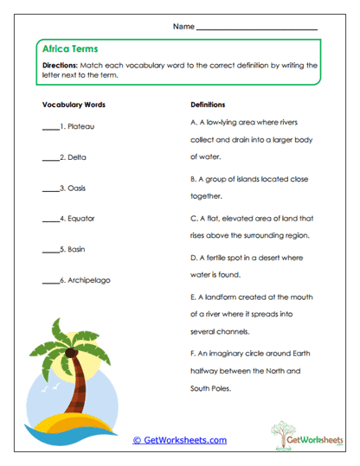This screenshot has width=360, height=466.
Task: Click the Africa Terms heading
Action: pyautogui.click(x=69, y=49)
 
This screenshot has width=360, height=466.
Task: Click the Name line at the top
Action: pyautogui.click(x=257, y=29)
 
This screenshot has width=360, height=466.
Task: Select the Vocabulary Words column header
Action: pyautogui.click(x=74, y=104)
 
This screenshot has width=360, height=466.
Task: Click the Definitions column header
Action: pyautogui.click(x=208, y=104)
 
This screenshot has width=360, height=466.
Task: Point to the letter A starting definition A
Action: pyautogui.click(x=193, y=123)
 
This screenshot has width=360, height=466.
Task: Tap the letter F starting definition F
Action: pyautogui.click(x=193, y=353)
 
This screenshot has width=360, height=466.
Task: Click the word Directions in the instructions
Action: pyautogui.click(x=60, y=66)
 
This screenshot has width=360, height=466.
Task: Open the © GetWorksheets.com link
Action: pyautogui.click(x=179, y=439)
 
